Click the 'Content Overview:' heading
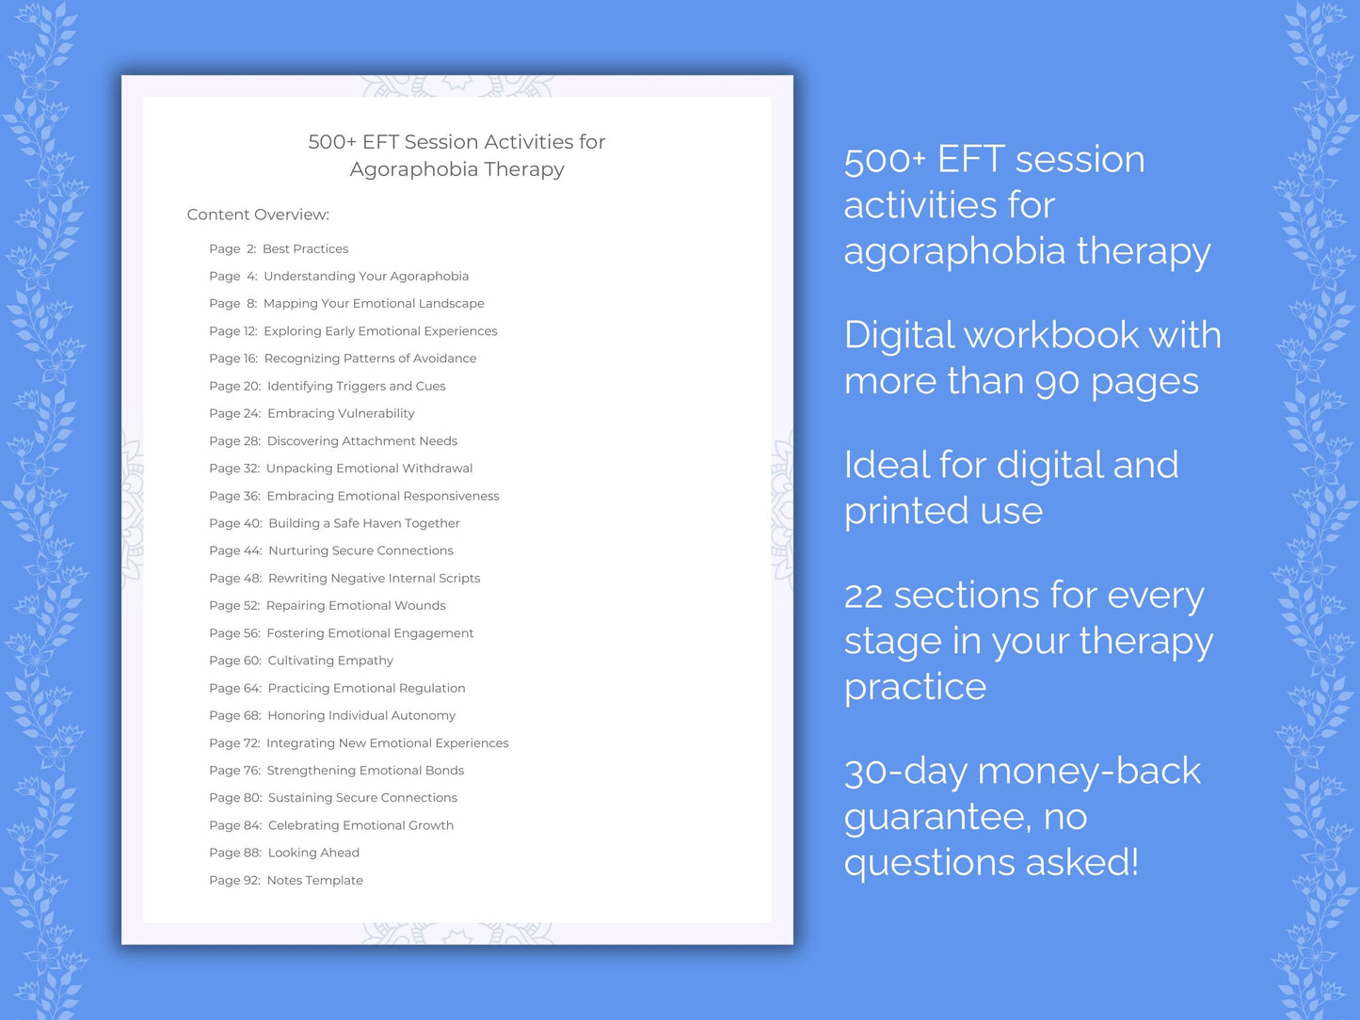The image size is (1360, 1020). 258,215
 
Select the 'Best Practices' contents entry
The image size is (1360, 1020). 305,249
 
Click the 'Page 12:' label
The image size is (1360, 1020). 232,331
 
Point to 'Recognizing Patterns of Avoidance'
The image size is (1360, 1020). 370,359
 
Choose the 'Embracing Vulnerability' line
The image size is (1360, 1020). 341,414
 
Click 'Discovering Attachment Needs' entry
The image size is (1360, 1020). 361,441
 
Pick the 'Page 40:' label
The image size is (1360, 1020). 235,524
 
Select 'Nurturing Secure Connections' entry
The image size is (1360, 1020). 360,551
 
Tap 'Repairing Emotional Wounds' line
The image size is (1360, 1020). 356,606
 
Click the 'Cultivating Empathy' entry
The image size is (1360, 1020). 330,661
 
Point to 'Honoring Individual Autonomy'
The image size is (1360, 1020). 361,716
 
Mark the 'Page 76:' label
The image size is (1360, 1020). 234,771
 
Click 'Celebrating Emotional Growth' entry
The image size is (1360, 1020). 360,826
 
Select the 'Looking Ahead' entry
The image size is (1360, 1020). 313,853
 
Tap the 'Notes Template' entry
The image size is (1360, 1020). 314,881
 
